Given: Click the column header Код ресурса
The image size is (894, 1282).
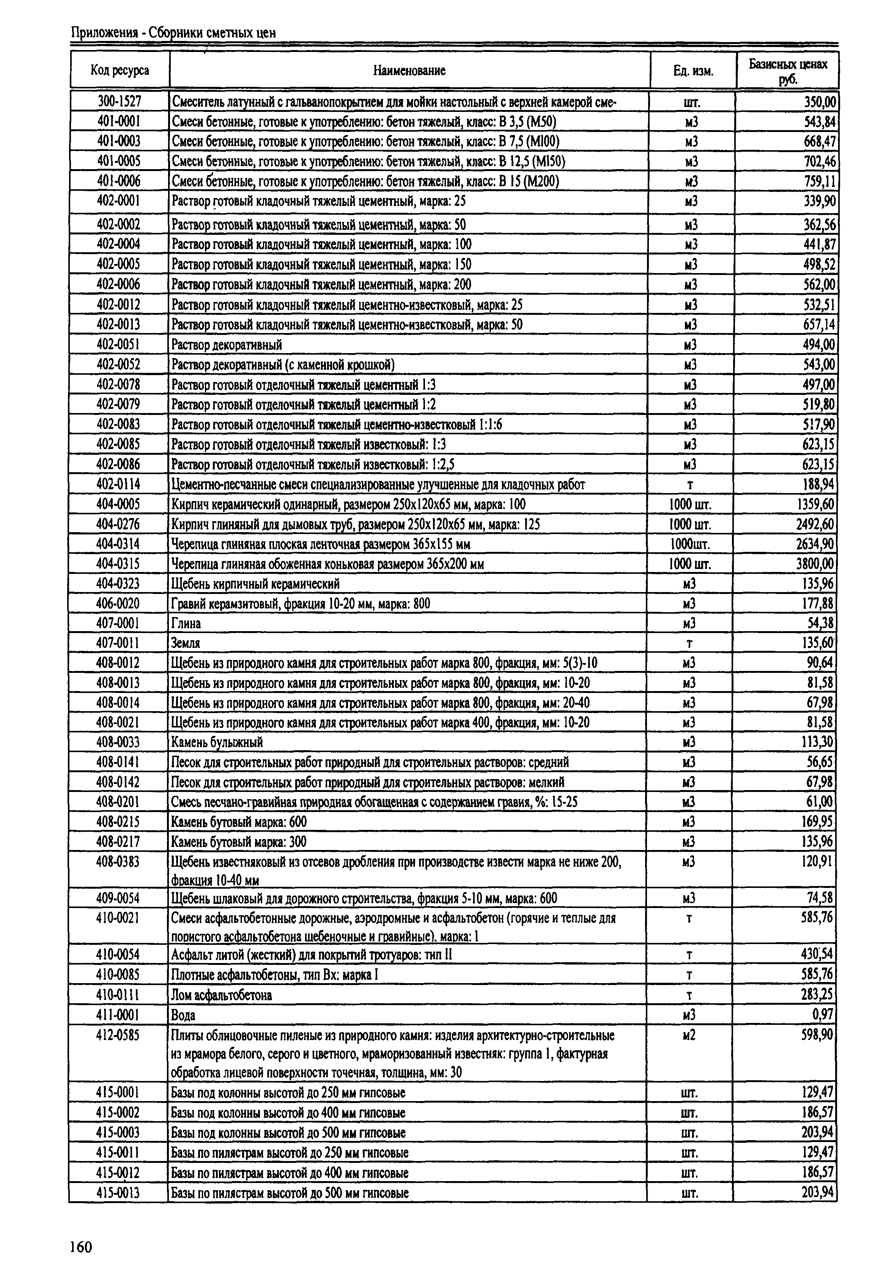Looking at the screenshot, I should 120,70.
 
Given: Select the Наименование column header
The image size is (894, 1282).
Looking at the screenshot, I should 409,70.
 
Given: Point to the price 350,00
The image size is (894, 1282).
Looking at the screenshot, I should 819,102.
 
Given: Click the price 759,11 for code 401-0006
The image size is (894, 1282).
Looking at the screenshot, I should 819,181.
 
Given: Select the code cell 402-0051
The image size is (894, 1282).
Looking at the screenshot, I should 118,344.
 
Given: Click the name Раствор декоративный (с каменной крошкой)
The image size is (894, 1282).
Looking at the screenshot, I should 283,364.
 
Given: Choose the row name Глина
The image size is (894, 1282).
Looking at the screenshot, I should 186,623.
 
